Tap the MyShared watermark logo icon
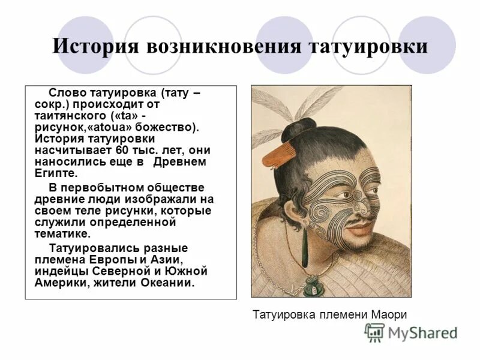[375, 332]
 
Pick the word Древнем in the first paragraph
[179, 162]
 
